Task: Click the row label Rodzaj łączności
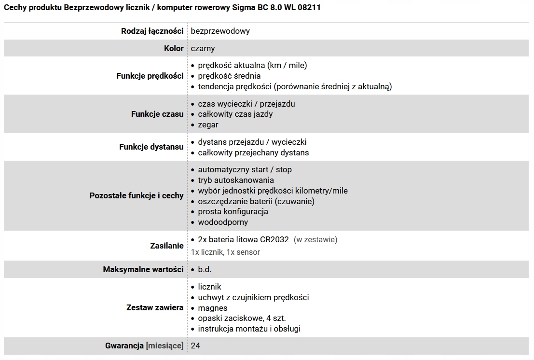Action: point(152,31)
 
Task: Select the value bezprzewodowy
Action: point(220,31)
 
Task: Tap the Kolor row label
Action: point(174,48)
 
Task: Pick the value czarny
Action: point(203,48)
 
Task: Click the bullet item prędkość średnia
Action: point(229,76)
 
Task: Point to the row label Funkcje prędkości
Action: point(150,76)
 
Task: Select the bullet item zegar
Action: point(208,125)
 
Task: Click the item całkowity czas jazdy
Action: point(235,114)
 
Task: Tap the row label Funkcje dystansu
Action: point(151,147)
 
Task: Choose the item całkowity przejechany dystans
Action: point(253,152)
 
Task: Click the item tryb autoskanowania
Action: point(235,180)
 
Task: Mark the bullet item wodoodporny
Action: point(223,222)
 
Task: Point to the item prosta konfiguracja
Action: point(233,211)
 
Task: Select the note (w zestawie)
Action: point(315,239)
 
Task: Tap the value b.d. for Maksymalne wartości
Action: point(205,269)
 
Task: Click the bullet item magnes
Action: point(212,308)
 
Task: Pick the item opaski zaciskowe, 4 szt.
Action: point(242,318)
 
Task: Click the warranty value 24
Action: point(195,346)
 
